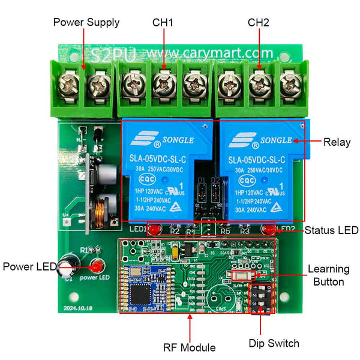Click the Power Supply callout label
point(86,23)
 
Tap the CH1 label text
point(163,23)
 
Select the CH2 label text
point(259,23)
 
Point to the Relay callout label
point(337,142)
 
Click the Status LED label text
point(331,230)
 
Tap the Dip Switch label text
point(274,344)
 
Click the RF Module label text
point(190,347)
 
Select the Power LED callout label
point(29,266)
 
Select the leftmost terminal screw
point(70,86)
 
